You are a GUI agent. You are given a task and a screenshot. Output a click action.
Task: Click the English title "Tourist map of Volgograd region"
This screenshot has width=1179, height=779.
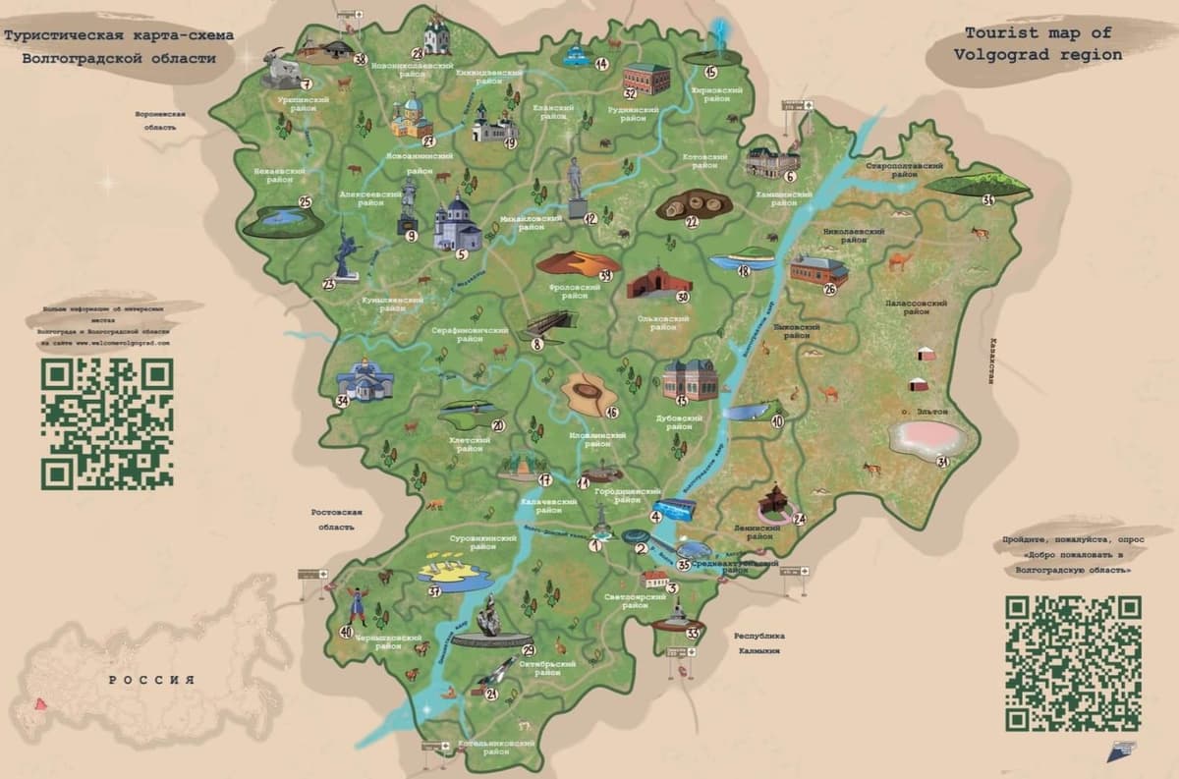tap(1038, 44)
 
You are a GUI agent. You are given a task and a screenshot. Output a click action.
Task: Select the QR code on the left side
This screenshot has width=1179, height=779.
tap(107, 422)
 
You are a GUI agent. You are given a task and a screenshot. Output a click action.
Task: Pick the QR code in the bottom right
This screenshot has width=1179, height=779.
tap(1073, 662)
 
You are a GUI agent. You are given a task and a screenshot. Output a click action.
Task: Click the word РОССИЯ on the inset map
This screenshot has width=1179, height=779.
tap(151, 680)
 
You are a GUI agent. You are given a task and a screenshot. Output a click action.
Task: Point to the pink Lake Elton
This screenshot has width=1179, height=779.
tap(925, 437)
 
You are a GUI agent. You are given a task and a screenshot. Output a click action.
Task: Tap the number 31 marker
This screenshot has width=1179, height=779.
tap(942, 462)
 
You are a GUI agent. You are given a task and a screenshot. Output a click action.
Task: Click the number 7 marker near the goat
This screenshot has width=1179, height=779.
tap(307, 84)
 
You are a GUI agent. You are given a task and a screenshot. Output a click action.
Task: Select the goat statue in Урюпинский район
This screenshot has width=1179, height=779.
tap(281, 67)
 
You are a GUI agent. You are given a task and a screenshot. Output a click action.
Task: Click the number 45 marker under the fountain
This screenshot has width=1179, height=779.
tap(710, 72)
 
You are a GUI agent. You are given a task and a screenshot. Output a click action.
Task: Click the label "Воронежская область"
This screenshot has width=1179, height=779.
tap(161, 120)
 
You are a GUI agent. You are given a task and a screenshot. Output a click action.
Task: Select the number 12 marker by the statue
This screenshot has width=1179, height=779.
tap(590, 218)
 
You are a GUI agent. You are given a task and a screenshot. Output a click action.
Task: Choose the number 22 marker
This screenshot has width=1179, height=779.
tap(692, 222)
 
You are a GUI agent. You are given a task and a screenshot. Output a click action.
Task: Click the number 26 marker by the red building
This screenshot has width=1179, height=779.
tap(830, 289)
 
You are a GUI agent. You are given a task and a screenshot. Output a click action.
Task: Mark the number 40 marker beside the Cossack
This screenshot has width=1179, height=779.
tap(345, 632)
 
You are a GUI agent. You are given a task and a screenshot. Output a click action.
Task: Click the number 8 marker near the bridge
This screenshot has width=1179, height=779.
tap(537, 344)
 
